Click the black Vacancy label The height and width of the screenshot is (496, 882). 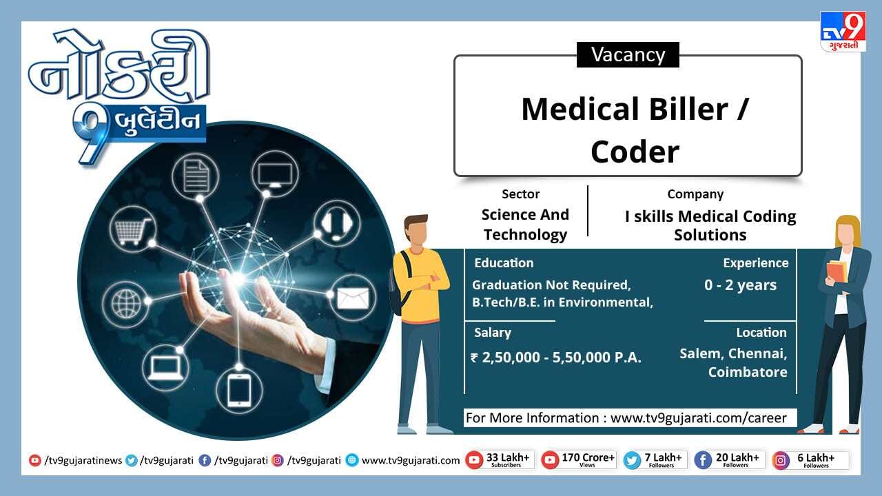point(628,54)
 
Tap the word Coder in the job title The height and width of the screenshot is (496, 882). point(635,152)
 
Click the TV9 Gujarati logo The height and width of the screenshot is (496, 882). point(843,32)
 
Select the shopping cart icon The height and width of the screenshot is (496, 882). point(132,230)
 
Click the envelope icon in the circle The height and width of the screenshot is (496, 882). point(352,298)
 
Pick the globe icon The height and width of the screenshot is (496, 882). point(126,304)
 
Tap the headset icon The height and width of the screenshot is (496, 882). point(337,224)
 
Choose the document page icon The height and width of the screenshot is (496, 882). point(196,176)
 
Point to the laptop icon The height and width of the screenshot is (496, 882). point(165,368)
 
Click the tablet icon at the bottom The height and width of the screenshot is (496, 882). point(239,390)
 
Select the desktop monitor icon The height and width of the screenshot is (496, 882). point(275,174)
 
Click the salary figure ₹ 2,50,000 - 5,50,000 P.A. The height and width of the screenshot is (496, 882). point(556,358)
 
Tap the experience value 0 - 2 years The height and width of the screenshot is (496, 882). point(740,285)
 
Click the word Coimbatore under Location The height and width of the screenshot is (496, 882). point(748,372)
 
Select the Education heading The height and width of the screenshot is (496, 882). point(504,263)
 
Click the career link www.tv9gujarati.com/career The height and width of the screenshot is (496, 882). point(699,418)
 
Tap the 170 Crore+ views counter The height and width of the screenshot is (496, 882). point(578,459)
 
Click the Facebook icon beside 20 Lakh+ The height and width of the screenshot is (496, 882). point(703,459)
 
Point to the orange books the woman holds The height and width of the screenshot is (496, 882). point(837,271)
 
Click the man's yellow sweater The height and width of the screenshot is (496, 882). point(421,283)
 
